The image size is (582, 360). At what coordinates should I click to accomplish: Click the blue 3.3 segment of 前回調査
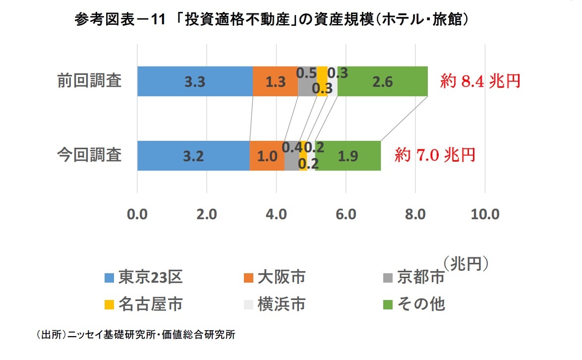point(195,81)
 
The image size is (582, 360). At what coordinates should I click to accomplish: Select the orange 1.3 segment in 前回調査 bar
point(275,81)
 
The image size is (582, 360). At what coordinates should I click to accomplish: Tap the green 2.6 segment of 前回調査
point(382,81)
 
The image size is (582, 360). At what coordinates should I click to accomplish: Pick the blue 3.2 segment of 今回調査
point(193,156)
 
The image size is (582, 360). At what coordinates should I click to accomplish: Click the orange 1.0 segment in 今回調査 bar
point(267,156)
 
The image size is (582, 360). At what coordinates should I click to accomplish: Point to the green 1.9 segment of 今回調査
point(348,156)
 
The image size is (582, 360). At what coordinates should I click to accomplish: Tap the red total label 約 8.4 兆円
point(480,81)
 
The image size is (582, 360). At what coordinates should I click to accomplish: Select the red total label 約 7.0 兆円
point(435,155)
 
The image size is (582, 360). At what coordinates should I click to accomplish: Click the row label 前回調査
point(89,81)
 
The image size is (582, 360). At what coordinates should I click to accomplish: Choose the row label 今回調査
point(89,155)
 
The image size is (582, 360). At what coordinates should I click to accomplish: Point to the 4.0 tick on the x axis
point(276,215)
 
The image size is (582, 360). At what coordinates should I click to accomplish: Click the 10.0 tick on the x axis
point(485,215)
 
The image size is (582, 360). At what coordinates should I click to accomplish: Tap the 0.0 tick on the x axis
point(137,215)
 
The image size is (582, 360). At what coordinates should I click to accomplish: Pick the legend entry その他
point(415,303)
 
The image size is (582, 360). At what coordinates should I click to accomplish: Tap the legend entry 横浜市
point(275,303)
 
